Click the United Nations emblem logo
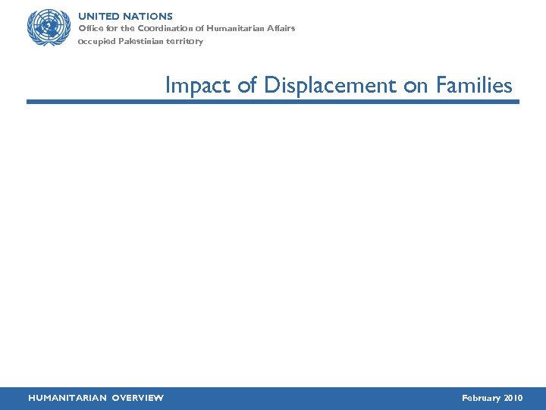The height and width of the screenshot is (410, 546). coord(48,28)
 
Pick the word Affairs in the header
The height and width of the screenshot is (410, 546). coord(278,28)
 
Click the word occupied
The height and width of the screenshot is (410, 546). coord(96,41)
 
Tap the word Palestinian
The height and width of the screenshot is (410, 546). coord(141,41)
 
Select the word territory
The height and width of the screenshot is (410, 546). coord(186,41)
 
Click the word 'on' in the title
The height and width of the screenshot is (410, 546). coord(416,86)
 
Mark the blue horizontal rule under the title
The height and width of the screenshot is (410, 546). coord(273,101)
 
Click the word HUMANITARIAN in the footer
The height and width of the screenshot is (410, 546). coord(67,398)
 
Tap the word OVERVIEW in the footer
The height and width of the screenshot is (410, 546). coord(137,398)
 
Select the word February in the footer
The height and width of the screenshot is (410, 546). coord(481,398)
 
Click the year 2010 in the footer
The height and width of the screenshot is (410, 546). coord(513,398)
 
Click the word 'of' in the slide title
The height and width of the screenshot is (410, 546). coord(247,86)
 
